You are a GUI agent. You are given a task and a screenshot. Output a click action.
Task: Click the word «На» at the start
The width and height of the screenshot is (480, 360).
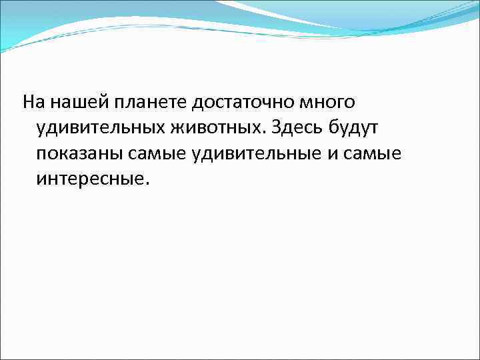tap(33, 102)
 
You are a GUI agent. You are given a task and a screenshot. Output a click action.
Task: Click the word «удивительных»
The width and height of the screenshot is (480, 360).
tap(95, 128)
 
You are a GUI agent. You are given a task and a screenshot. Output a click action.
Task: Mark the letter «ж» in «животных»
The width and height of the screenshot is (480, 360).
tap(169, 128)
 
